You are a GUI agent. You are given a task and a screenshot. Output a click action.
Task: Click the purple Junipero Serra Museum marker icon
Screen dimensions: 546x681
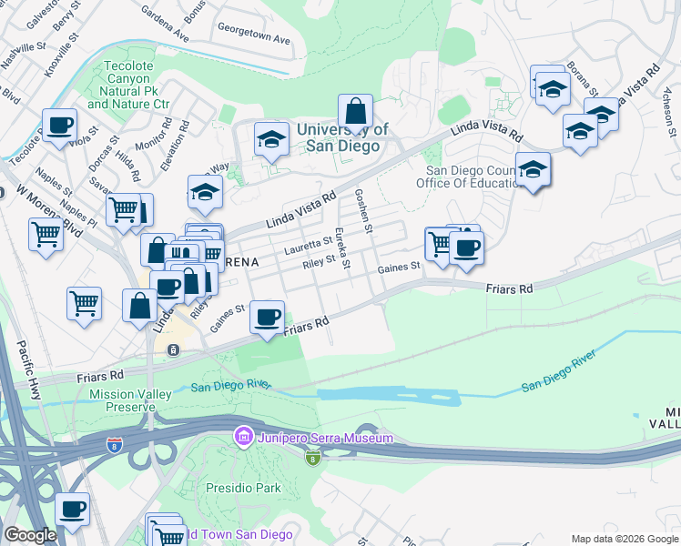click(242, 438)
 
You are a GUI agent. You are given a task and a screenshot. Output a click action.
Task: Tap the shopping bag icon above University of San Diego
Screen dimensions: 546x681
click(356, 111)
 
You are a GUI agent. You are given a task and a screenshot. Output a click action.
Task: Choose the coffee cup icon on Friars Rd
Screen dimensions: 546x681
click(267, 317)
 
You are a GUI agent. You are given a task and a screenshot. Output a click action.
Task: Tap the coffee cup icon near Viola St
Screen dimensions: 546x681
click(59, 125)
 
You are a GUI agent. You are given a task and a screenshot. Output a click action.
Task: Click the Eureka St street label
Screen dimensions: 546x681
click(342, 248)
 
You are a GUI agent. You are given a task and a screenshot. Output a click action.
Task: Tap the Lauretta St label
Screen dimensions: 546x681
click(308, 244)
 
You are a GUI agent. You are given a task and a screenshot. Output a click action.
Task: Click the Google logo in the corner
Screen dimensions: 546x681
click(30, 535)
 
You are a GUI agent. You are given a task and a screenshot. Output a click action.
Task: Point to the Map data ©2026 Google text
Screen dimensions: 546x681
click(624, 539)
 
